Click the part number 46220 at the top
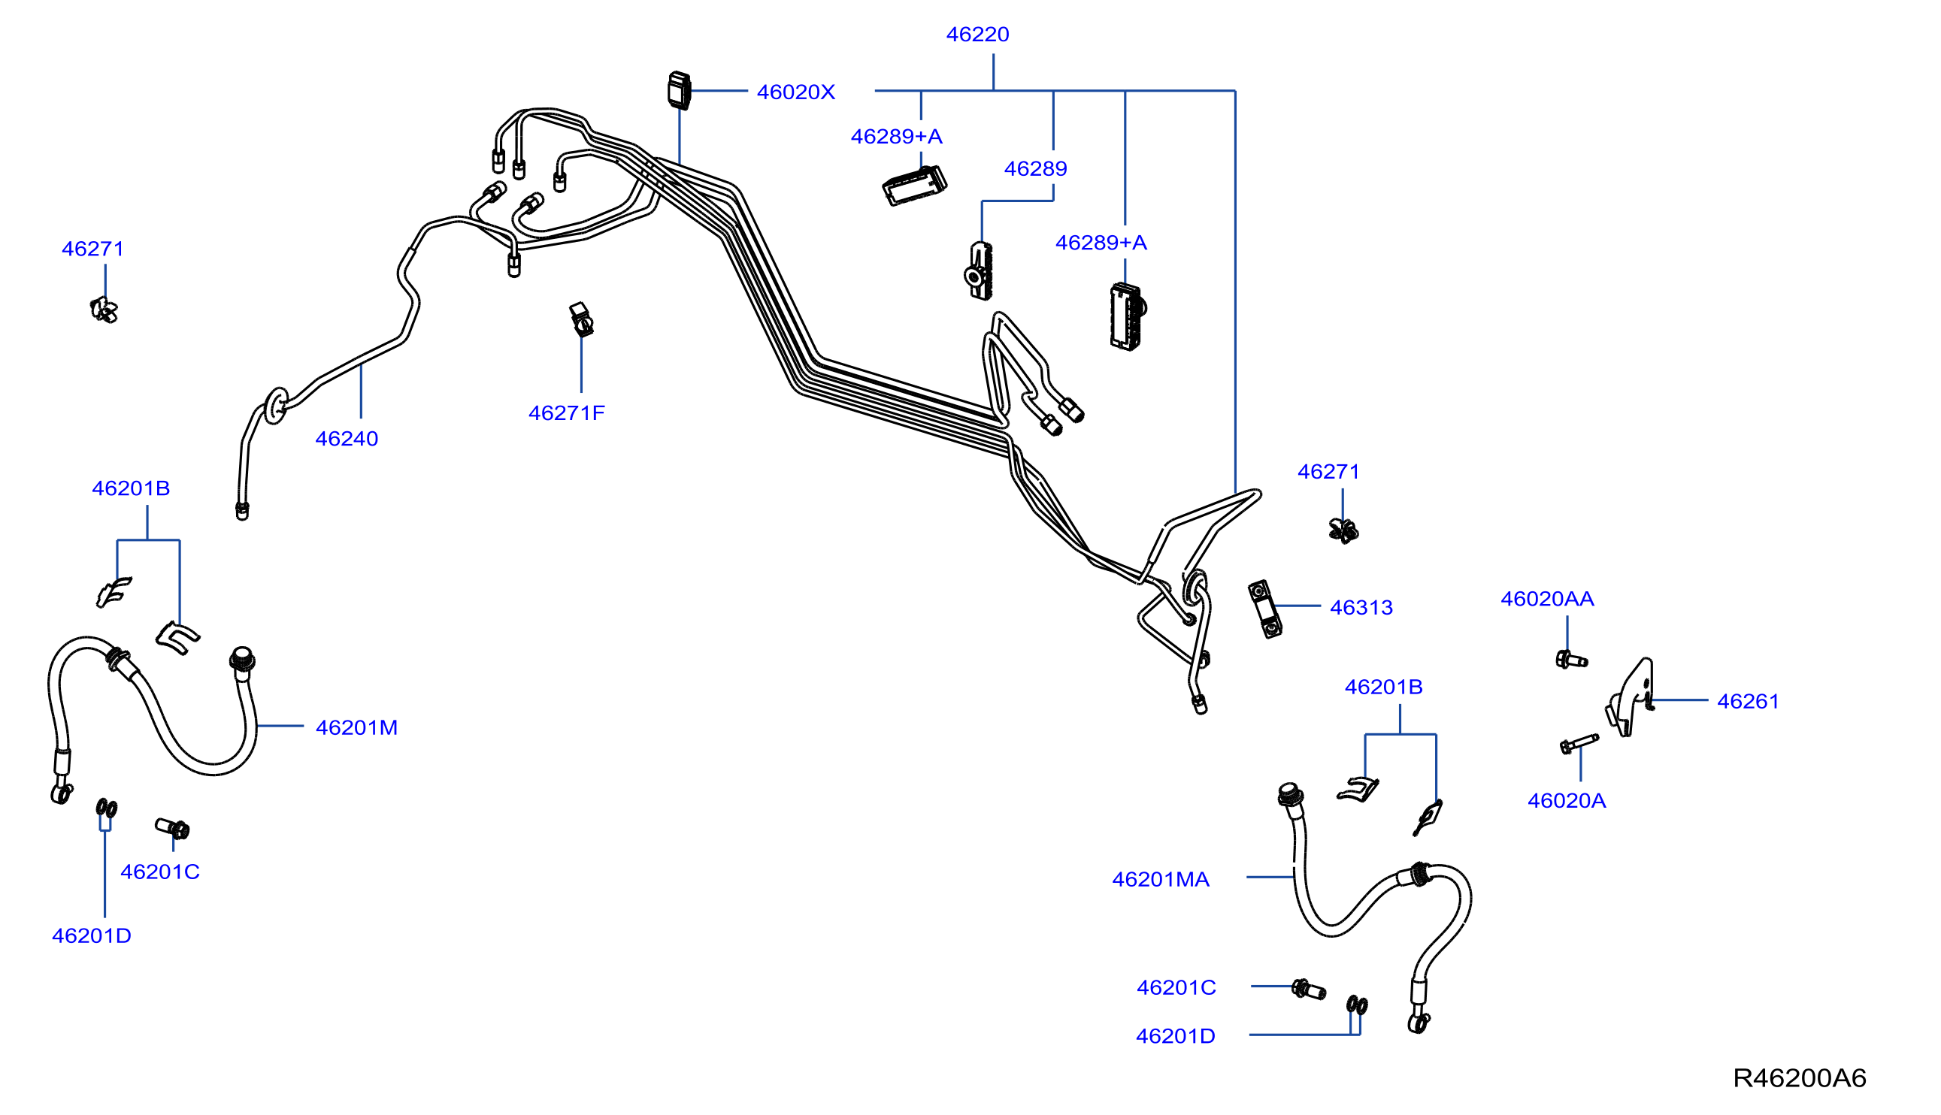click(x=977, y=35)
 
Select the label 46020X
click(x=795, y=92)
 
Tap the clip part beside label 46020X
click(x=680, y=90)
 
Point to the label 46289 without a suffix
click(x=1035, y=168)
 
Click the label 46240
click(x=347, y=439)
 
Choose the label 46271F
click(x=566, y=413)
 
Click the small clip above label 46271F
click(x=581, y=319)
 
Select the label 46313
click(x=1361, y=608)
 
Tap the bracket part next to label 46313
click(x=1264, y=609)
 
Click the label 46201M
click(x=356, y=727)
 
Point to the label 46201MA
click(x=1161, y=879)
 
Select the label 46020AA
click(x=1547, y=599)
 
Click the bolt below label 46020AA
click(x=1571, y=659)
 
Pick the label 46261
click(x=1748, y=702)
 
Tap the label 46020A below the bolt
click(x=1567, y=801)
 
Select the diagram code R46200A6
click(x=1799, y=1078)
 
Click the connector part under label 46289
click(x=979, y=271)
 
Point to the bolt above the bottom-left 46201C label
click(x=172, y=828)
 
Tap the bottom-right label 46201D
click(x=1175, y=1036)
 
